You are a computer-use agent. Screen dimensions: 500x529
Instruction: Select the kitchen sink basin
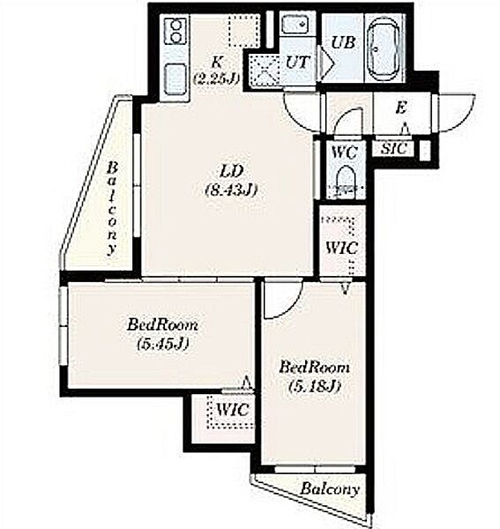coord(175,79)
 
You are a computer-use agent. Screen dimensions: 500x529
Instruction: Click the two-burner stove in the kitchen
coord(175,32)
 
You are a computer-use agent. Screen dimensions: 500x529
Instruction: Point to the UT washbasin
coord(295,25)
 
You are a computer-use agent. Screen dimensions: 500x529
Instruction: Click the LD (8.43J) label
coord(231,181)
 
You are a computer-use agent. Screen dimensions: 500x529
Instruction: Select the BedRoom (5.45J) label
coord(162,334)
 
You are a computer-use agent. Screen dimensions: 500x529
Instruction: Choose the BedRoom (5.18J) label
coord(314,376)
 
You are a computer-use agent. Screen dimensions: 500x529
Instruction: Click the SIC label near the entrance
coord(393,148)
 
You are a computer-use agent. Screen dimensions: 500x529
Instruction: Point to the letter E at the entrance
coord(400,108)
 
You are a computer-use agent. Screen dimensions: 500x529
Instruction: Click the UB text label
coord(343,43)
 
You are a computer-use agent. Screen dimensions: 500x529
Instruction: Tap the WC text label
coord(344,153)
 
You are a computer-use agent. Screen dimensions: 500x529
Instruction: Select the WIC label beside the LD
coord(341,249)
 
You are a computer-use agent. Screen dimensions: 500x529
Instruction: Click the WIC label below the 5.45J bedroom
coord(233,410)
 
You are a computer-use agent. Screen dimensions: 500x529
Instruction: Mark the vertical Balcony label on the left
coord(113,208)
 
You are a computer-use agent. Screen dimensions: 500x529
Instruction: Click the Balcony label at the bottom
coord(330,488)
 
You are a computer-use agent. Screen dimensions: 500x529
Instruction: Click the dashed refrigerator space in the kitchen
coord(244,30)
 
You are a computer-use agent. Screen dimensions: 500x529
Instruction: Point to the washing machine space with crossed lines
coord(264,70)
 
